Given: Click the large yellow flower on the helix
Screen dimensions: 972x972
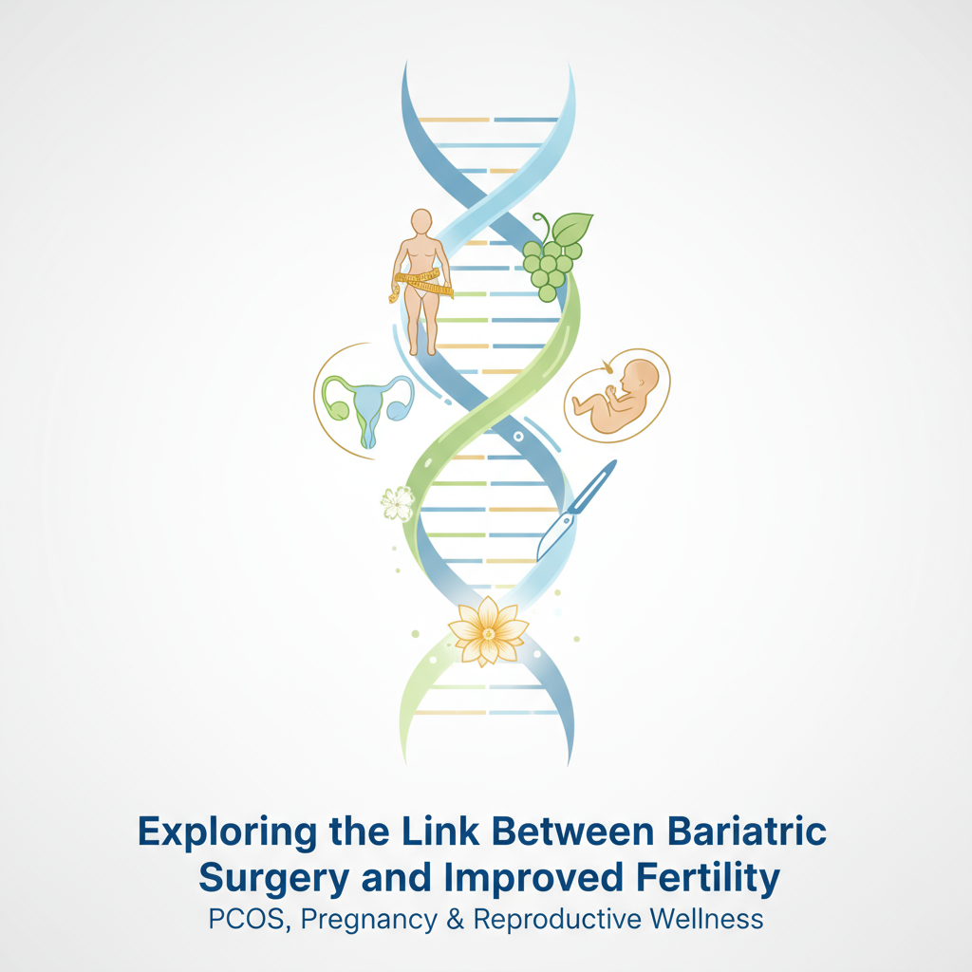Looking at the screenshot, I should (488, 629).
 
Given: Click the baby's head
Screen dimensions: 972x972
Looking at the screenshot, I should (643, 377).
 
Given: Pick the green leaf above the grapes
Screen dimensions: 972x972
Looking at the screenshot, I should (572, 229).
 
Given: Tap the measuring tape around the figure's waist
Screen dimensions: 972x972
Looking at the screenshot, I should (424, 280).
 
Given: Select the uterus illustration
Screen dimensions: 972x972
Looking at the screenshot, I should (368, 406).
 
